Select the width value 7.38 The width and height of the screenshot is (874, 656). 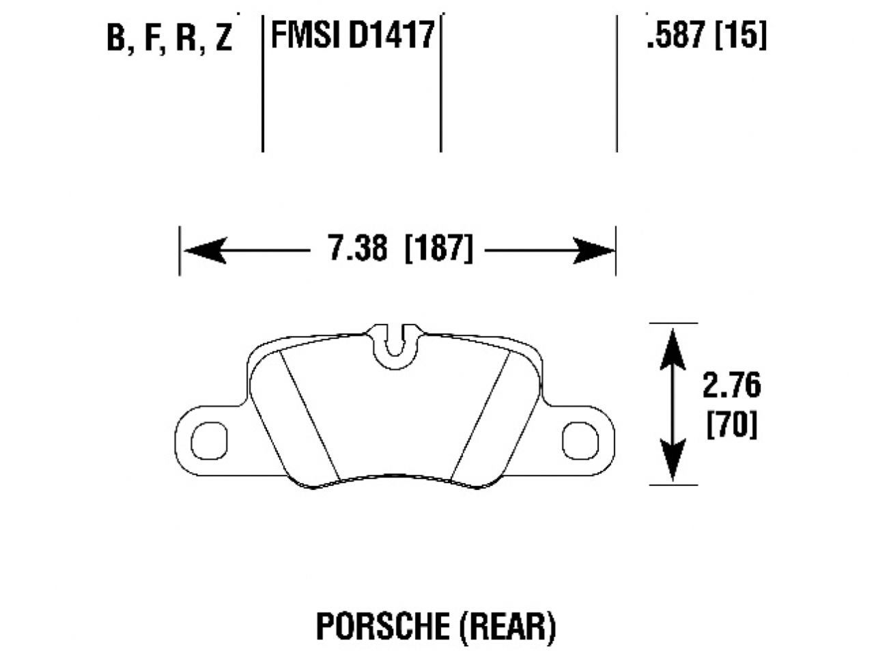coord(358,249)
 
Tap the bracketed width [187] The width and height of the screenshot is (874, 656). coord(438,249)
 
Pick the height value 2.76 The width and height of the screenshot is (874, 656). coord(731,387)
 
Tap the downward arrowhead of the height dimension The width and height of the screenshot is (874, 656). coord(673,465)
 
